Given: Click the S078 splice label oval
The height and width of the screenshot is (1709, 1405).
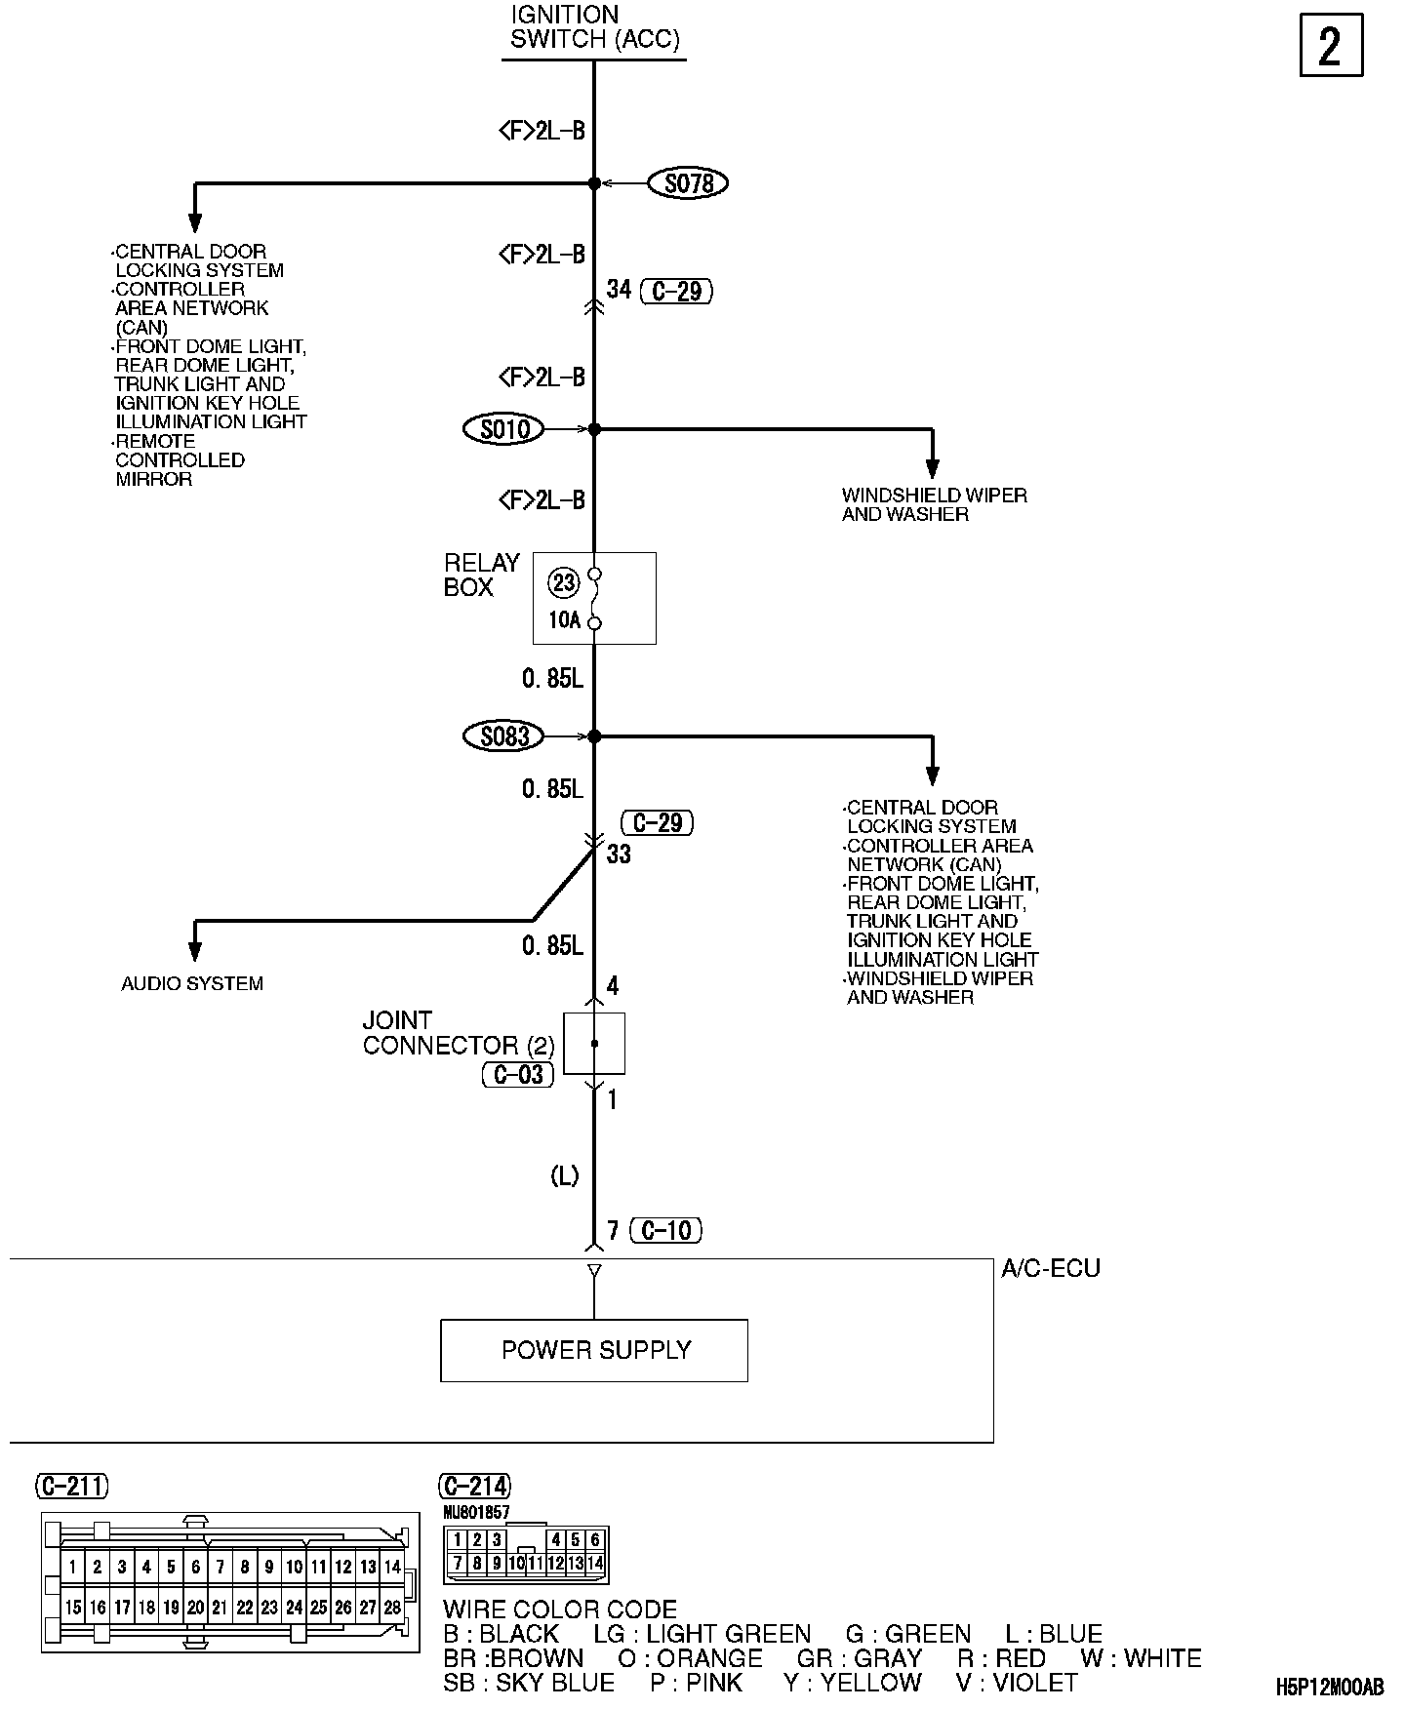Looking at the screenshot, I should [x=689, y=183].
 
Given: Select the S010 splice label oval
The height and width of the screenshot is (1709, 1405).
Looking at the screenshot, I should [x=504, y=429].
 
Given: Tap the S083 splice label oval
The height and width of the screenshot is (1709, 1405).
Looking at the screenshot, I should [x=503, y=736].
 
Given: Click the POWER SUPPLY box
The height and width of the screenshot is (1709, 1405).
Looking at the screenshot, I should [x=594, y=1350].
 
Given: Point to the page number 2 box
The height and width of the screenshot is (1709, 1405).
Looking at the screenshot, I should [x=1331, y=46].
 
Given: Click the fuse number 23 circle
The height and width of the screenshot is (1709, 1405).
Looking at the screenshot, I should [x=564, y=583].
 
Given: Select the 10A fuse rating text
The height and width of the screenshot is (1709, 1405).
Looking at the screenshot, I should [x=564, y=620].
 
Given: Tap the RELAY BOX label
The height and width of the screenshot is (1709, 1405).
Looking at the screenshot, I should [x=482, y=575].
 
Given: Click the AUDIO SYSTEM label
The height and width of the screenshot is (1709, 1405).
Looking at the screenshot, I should [x=192, y=983].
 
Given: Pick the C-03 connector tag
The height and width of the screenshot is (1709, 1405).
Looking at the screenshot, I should [x=518, y=1075].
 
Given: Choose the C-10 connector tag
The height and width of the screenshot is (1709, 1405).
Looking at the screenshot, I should [x=666, y=1231].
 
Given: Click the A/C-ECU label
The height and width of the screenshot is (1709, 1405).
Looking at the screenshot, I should [x=1051, y=1269].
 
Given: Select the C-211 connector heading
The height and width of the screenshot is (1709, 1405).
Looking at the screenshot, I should [x=72, y=1487].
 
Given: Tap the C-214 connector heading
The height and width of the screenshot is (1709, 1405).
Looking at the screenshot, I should [x=475, y=1487].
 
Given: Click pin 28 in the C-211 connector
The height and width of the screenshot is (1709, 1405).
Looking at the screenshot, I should [x=392, y=1608].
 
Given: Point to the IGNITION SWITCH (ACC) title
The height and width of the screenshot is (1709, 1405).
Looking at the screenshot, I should [x=594, y=27].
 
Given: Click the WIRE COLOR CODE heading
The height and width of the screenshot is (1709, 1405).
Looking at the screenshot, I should [x=560, y=1610].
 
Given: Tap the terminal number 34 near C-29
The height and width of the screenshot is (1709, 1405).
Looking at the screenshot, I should [x=619, y=290].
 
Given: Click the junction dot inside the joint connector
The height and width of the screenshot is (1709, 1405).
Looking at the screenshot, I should [x=594, y=1044].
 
